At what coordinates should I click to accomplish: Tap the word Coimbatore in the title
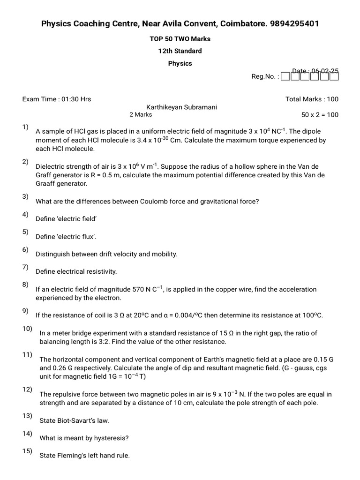pyautogui.click(x=243, y=23)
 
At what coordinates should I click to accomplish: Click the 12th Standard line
pyautogui.click(x=180, y=51)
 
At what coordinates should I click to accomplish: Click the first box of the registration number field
pyautogui.click(x=285, y=76)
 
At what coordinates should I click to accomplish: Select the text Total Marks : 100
pyautogui.click(x=312, y=99)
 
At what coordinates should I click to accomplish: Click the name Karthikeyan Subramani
pyautogui.click(x=181, y=107)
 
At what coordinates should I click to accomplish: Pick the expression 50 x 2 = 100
pyautogui.click(x=320, y=115)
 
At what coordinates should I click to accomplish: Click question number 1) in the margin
pyautogui.click(x=25, y=127)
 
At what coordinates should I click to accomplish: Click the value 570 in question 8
pyautogui.click(x=138, y=290)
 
